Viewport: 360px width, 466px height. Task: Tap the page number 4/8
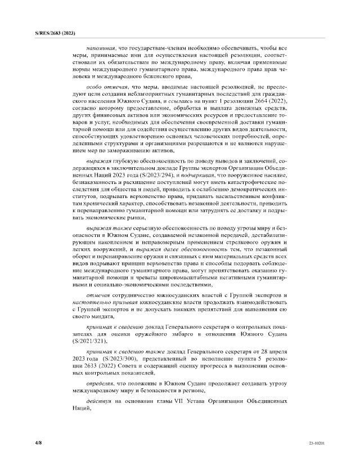click(38, 443)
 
